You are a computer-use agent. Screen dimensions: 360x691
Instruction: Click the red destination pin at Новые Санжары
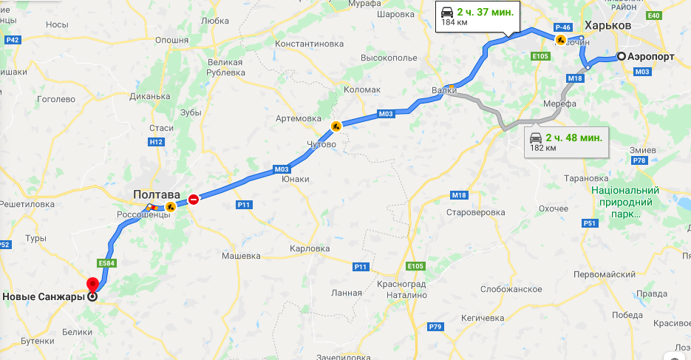coord(92,285)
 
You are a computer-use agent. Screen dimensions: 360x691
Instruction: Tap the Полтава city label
coord(157,194)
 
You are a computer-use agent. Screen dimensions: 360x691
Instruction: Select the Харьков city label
coord(607,25)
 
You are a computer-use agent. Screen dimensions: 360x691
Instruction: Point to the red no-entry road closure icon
coord(194,199)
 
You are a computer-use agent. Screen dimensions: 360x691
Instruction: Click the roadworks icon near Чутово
coord(336,126)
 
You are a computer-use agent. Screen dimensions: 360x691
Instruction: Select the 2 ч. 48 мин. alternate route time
coord(573,137)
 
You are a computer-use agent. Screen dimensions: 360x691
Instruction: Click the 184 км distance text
coord(455,23)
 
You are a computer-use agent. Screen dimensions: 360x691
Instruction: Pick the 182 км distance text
coord(542,149)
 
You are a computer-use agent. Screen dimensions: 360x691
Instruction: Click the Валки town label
coord(444,91)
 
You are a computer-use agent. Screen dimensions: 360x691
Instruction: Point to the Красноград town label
coord(399,285)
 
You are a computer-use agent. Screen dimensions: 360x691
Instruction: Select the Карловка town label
coord(310,249)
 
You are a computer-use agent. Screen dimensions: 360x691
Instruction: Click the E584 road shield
coord(105,262)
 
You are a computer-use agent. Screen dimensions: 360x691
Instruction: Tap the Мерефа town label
coord(559,104)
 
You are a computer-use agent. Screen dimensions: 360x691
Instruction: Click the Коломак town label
coord(362,89)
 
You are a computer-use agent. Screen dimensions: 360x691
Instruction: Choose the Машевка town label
coord(242,256)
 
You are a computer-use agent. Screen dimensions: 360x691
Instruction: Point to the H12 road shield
coord(155,141)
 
